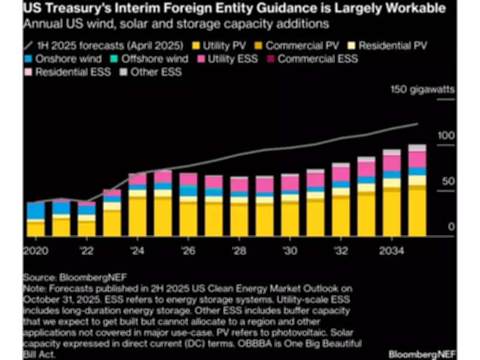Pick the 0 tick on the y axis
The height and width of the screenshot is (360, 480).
[451, 227]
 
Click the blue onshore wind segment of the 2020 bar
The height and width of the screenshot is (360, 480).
[35, 211]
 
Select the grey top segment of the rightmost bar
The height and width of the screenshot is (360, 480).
[418, 148]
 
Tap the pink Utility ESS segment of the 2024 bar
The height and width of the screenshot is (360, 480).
[137, 179]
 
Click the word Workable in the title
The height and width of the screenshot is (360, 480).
[401, 10]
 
